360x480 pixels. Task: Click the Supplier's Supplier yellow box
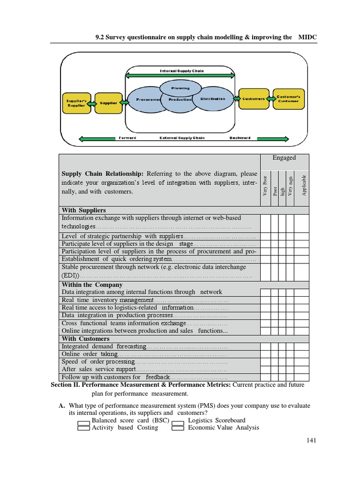pyautogui.click(x=76, y=102)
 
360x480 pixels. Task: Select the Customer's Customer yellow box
pyautogui.click(x=288, y=98)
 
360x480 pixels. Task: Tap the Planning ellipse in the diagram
pyautogui.click(x=180, y=88)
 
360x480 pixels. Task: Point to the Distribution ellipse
pyautogui.click(x=213, y=99)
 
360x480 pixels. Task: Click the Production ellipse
pyautogui.click(x=180, y=100)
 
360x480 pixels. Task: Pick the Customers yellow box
pyautogui.click(x=253, y=99)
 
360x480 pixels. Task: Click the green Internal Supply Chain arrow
pyautogui.click(x=180, y=75)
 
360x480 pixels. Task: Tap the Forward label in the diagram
pyautogui.click(x=127, y=138)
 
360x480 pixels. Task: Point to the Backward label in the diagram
pyautogui.click(x=240, y=138)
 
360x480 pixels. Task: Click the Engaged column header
pyautogui.click(x=285, y=158)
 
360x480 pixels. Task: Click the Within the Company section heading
pyautogui.click(x=92, y=285)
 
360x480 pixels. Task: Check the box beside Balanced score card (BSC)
pyautogui.click(x=84, y=421)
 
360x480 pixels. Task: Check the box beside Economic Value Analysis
pyautogui.click(x=178, y=427)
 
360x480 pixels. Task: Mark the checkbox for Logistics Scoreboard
pyautogui.click(x=178, y=421)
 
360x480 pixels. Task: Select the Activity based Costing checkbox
pyautogui.click(x=84, y=427)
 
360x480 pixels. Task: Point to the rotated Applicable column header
pyautogui.click(x=304, y=185)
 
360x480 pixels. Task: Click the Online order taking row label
pyautogui.click(x=90, y=354)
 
